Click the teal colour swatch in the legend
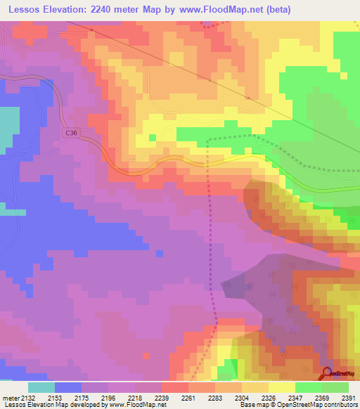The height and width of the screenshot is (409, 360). [41, 387]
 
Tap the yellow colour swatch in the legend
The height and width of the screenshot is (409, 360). [281, 387]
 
